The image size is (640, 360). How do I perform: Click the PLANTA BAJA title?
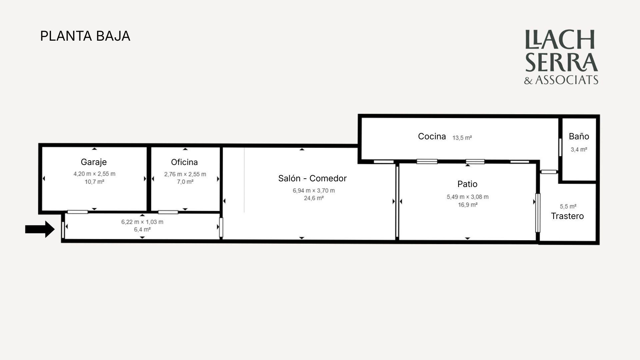[x=85, y=36]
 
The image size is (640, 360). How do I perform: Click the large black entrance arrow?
[x=40, y=229]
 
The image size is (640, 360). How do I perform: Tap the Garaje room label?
[x=94, y=162]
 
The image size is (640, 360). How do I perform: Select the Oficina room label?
[x=184, y=162]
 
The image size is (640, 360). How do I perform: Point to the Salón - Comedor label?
[x=312, y=178]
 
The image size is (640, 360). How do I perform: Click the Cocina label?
[x=432, y=136]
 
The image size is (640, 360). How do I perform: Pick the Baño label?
[x=579, y=136]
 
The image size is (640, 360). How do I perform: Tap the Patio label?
[x=467, y=184]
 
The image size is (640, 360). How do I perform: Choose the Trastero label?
[x=567, y=216]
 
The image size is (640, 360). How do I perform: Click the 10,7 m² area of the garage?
[x=94, y=182]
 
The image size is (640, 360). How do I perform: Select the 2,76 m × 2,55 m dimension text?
[x=185, y=174]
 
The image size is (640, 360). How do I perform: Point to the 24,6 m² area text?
[x=314, y=198]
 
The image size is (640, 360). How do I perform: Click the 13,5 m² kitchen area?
[x=462, y=138]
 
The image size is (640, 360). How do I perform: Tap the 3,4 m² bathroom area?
[x=579, y=149]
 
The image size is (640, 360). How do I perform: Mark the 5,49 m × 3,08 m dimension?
[x=468, y=197]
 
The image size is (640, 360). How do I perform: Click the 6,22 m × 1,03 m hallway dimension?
[x=142, y=222]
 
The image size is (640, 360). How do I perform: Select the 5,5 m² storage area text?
[x=568, y=206]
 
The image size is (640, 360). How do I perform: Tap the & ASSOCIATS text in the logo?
[x=561, y=80]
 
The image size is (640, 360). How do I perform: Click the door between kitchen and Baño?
[x=560, y=147]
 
